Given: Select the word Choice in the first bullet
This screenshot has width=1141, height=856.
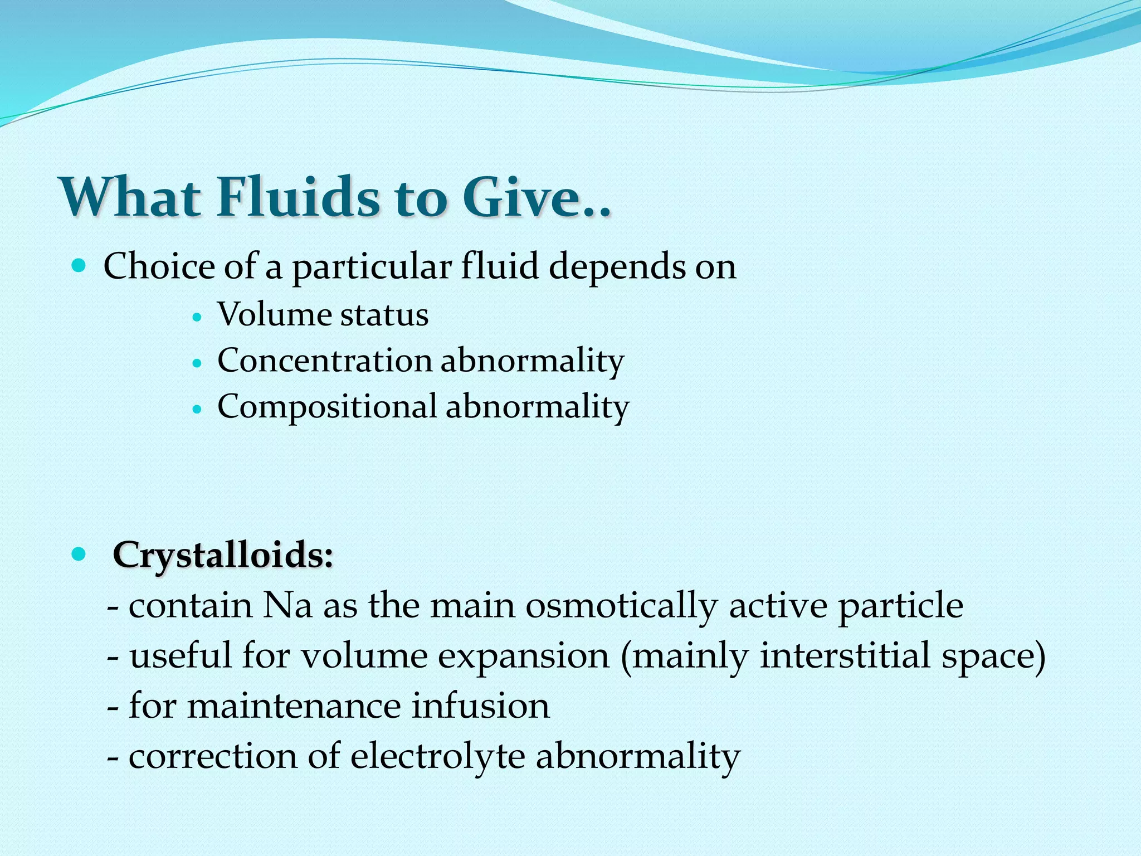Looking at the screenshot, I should coord(158,266).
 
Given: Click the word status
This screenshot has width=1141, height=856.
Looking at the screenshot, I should coord(384,315).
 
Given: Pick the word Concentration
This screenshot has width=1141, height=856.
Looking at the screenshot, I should coord(324,361).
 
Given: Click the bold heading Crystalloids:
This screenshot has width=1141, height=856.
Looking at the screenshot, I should coord(223,555).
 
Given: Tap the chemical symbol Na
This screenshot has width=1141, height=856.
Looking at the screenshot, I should coord(287,605).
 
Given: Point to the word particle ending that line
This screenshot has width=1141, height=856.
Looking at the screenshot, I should coord(900,606).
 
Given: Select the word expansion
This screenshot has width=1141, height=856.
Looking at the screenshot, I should coord(523,656).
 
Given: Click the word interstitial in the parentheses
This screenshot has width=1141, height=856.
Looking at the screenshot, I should coord(845,655).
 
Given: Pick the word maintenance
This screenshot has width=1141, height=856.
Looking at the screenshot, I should coord(294,706).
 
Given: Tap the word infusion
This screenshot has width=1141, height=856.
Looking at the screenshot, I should coord(480,706).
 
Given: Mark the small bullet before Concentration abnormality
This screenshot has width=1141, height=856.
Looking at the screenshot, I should coord(196,362).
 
